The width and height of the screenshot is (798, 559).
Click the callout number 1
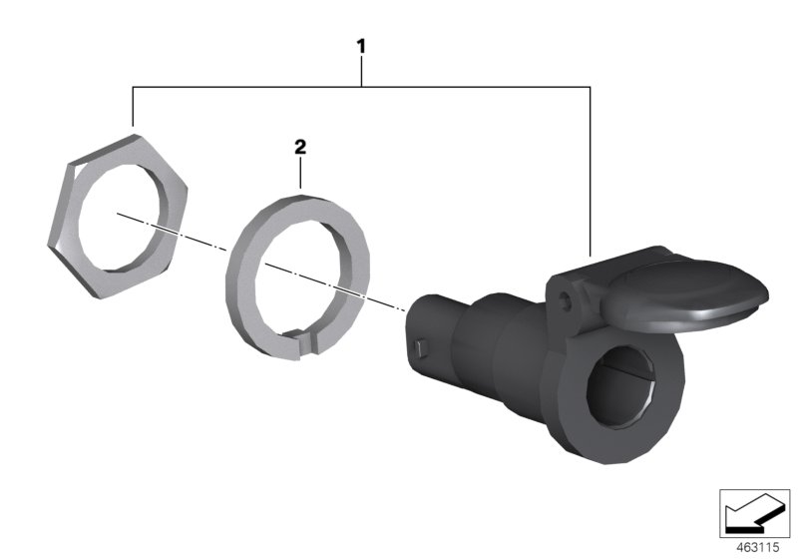pos(362,46)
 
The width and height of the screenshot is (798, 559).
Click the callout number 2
pos(298,147)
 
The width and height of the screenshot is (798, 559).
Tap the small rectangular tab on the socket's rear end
pos(416,350)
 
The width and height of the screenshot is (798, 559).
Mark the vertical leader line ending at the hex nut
pos(134,107)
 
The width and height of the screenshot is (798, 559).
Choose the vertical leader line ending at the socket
pos(592,170)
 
